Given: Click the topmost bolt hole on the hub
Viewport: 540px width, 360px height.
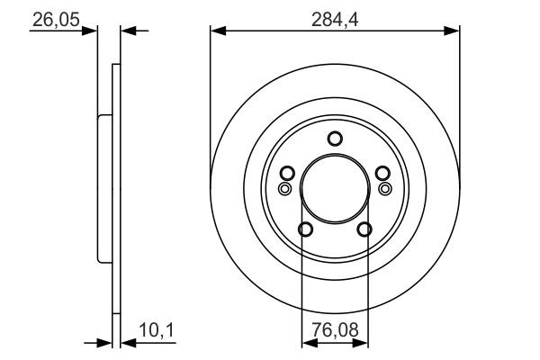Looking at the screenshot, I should point(335,139).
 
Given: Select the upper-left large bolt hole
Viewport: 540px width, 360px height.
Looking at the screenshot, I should point(287,174).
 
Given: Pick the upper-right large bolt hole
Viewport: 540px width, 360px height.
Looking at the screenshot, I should point(382,174).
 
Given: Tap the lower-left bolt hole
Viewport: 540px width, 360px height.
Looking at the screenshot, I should point(305,229).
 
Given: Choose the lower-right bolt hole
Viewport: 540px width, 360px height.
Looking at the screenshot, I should point(364,229).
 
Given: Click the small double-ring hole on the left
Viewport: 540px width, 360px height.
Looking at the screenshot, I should point(284,189).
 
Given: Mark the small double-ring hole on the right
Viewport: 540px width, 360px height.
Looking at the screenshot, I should point(385,189).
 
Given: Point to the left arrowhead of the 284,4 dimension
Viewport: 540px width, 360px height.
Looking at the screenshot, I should point(216,31).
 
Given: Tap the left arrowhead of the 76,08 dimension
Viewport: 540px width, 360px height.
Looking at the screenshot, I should point(306,343).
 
